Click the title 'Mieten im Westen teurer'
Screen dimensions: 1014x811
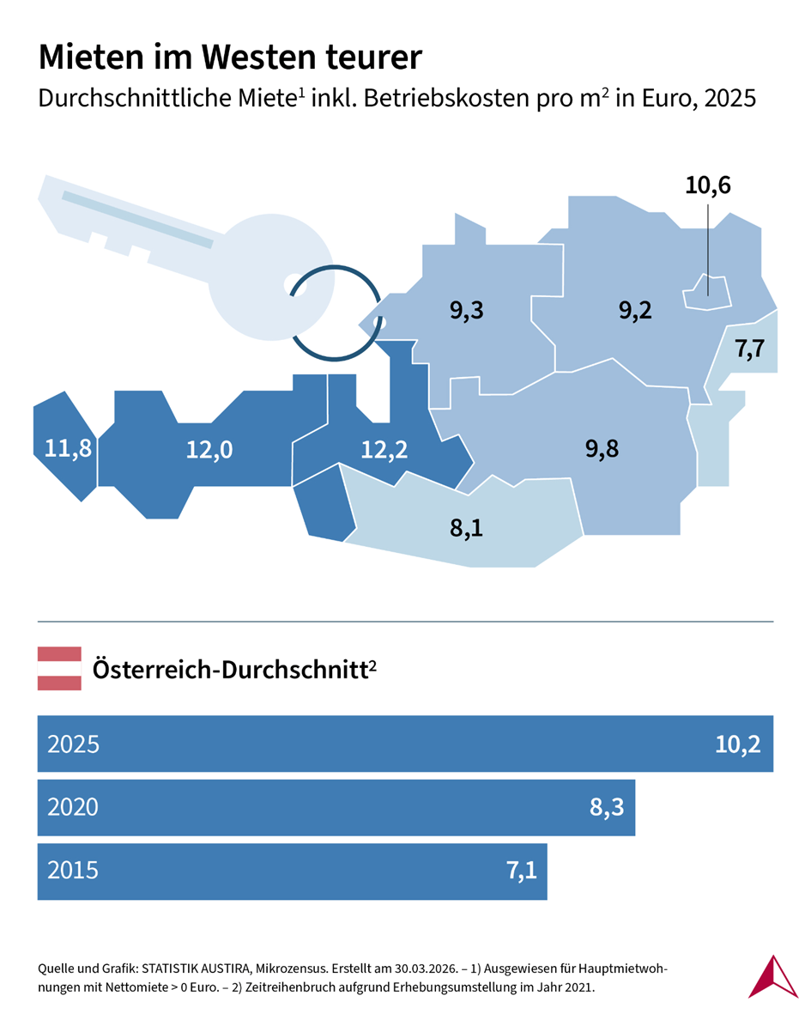coord(231,58)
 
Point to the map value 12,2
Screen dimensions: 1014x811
coord(384,449)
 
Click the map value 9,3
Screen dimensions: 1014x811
coord(467,310)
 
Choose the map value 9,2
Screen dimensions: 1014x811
coord(636,310)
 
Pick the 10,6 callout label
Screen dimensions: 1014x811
coord(708,185)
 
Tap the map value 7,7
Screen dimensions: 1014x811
coord(750,349)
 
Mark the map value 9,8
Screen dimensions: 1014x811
coord(602,447)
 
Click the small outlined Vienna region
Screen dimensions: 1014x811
coord(705,292)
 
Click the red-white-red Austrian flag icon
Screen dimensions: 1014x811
coord(59,668)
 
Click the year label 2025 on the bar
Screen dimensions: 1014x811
coord(74,744)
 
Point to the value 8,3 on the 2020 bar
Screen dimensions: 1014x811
coord(607,807)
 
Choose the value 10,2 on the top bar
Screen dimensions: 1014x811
coord(738,744)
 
